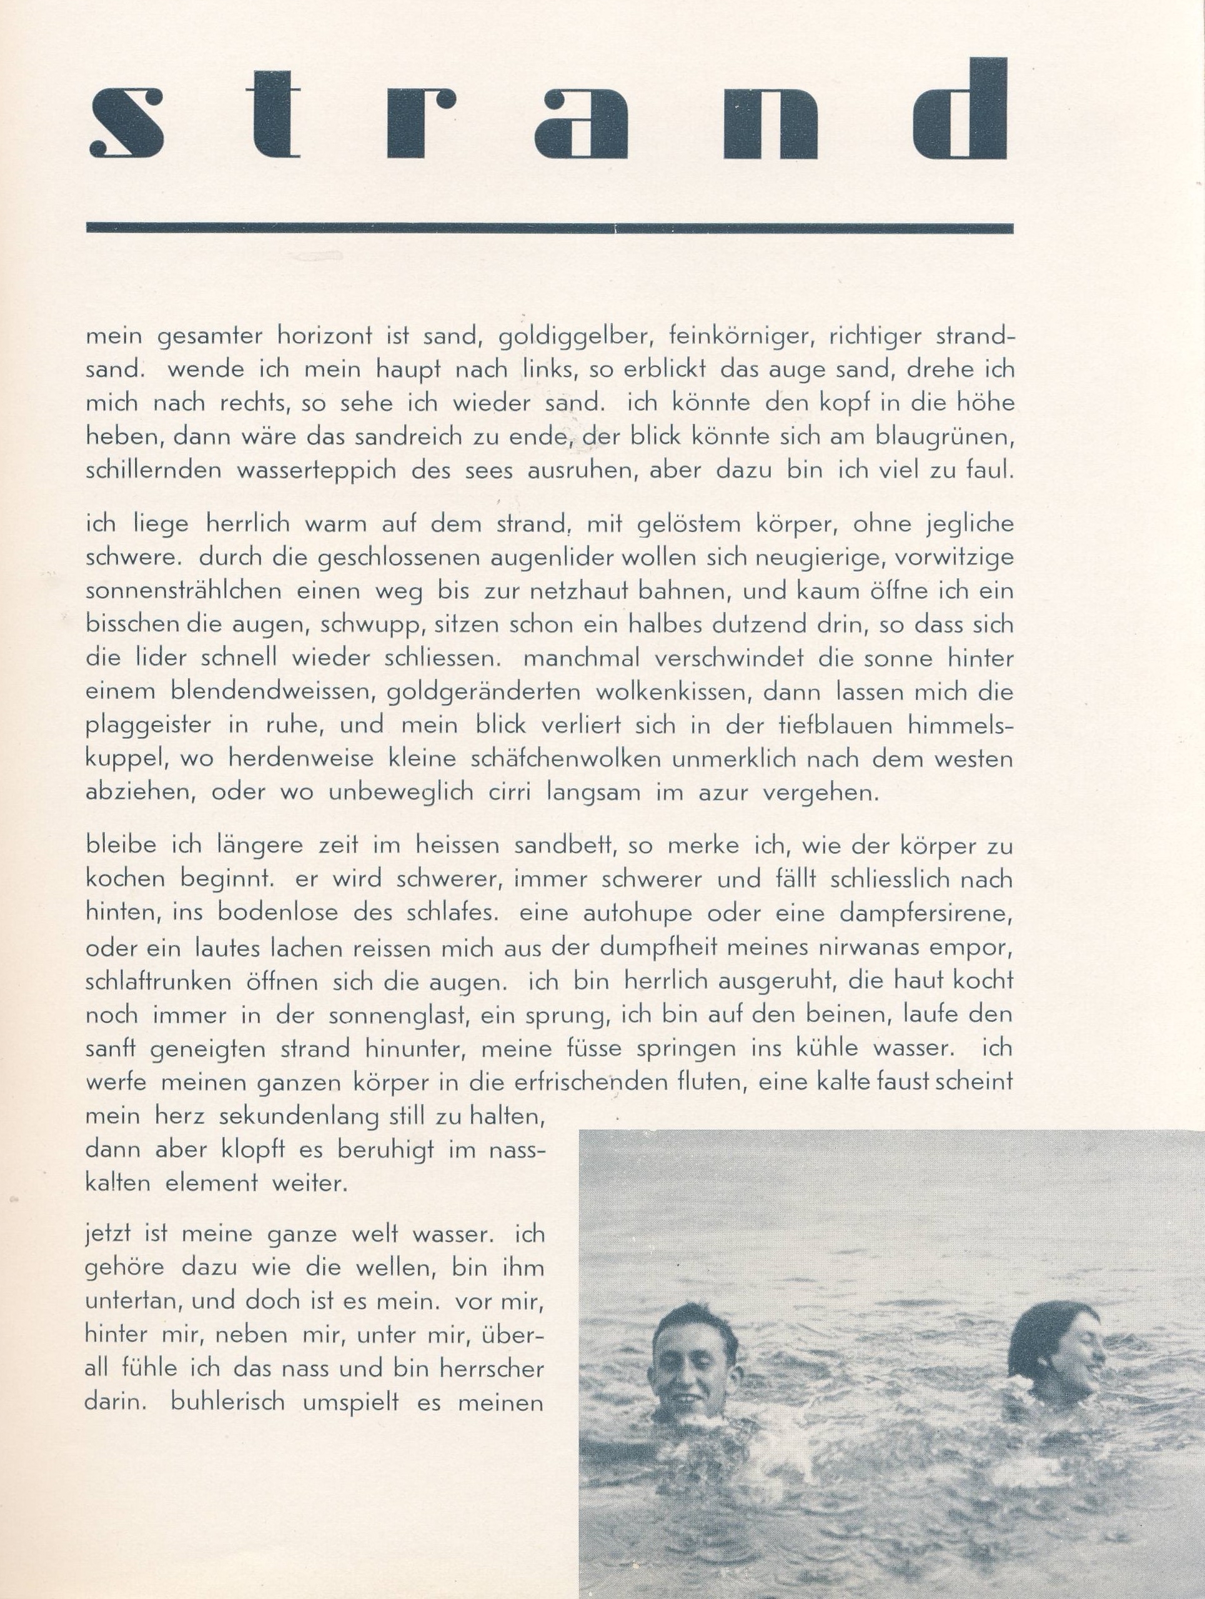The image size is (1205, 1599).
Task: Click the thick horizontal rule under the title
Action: pos(549,228)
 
